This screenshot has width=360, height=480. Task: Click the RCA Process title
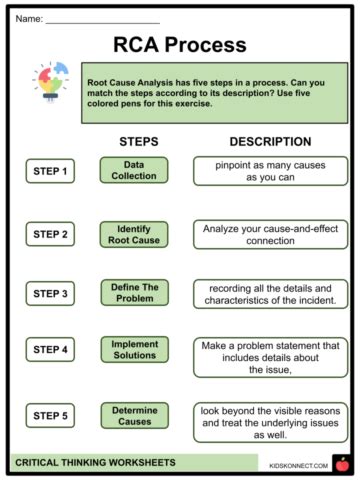point(180,44)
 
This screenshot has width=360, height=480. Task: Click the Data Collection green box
point(134,170)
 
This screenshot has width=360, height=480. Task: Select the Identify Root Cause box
point(134,234)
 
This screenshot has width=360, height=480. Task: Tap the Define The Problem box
point(134,293)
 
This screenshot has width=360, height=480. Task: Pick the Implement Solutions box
point(134,350)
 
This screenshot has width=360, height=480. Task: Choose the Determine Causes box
point(134,415)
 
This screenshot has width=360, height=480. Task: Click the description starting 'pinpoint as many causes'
point(270,170)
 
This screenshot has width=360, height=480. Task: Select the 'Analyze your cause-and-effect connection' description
point(270,234)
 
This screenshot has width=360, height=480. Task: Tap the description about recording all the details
point(270,294)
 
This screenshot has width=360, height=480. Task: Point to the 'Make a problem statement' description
point(270,357)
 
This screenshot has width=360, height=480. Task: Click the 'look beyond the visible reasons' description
point(270,422)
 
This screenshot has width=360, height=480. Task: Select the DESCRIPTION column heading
point(270,142)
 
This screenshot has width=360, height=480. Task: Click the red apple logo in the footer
point(341,463)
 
